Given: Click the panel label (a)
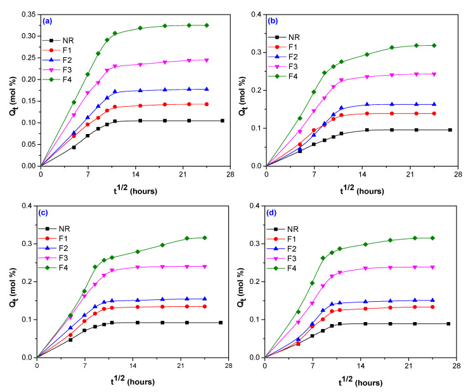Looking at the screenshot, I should pyautogui.click(x=48, y=20).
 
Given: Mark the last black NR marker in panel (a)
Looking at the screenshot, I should pyautogui.click(x=222, y=121).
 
